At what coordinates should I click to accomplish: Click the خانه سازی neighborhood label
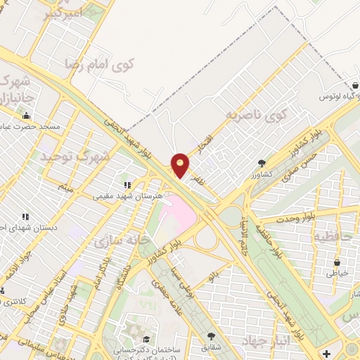pos(122,241)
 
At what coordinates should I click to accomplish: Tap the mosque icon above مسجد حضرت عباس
pos(27,115)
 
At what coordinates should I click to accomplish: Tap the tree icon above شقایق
pos(212,337)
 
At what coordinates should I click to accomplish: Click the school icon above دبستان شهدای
pos(25,217)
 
